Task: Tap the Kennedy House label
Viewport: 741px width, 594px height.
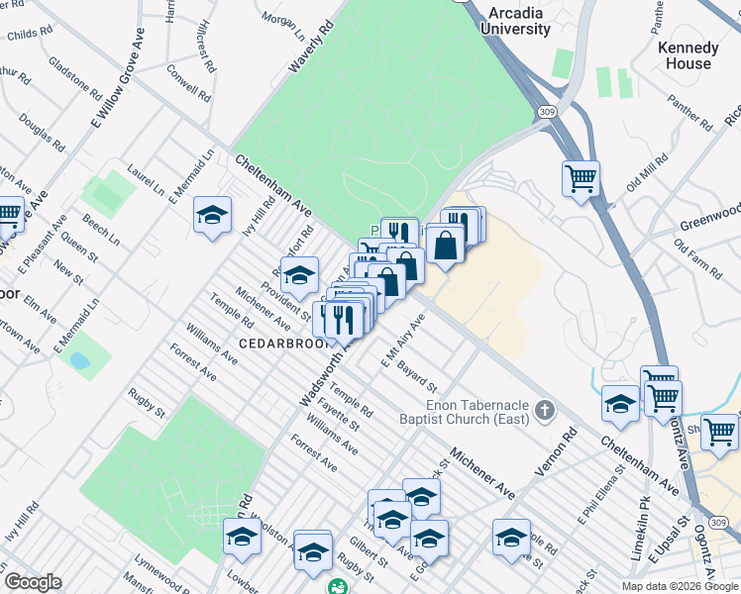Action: (x=688, y=55)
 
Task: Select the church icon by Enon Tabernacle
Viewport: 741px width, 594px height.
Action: (x=543, y=410)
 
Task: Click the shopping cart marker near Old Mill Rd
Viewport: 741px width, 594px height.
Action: (x=581, y=180)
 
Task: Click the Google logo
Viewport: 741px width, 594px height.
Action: (x=33, y=582)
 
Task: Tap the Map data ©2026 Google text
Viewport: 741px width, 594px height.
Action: (x=680, y=585)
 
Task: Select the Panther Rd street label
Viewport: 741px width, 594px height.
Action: (x=690, y=112)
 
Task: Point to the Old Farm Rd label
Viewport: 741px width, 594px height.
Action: (x=697, y=258)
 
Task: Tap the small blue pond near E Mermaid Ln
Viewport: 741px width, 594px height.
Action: (x=77, y=360)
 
